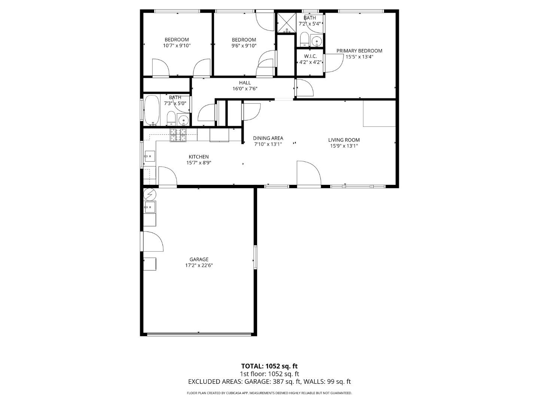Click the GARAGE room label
coord(199,259)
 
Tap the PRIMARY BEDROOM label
coord(359,51)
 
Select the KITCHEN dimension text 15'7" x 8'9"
coord(199,163)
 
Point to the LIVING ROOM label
coord(344,140)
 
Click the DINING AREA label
coord(268,138)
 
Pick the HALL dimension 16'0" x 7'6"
coord(245,89)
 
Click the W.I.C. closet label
coord(310,56)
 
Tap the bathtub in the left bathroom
coord(152,110)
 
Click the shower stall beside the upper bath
coord(286,23)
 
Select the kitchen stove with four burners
coord(178,135)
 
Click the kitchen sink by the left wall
coord(149,156)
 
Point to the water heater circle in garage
coord(149,194)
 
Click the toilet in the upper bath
coord(304,39)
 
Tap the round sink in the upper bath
coord(317,41)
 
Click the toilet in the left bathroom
coord(171,119)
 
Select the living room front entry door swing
coord(309,173)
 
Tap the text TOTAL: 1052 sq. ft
coord(269,366)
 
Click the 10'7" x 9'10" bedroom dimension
coord(177,46)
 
